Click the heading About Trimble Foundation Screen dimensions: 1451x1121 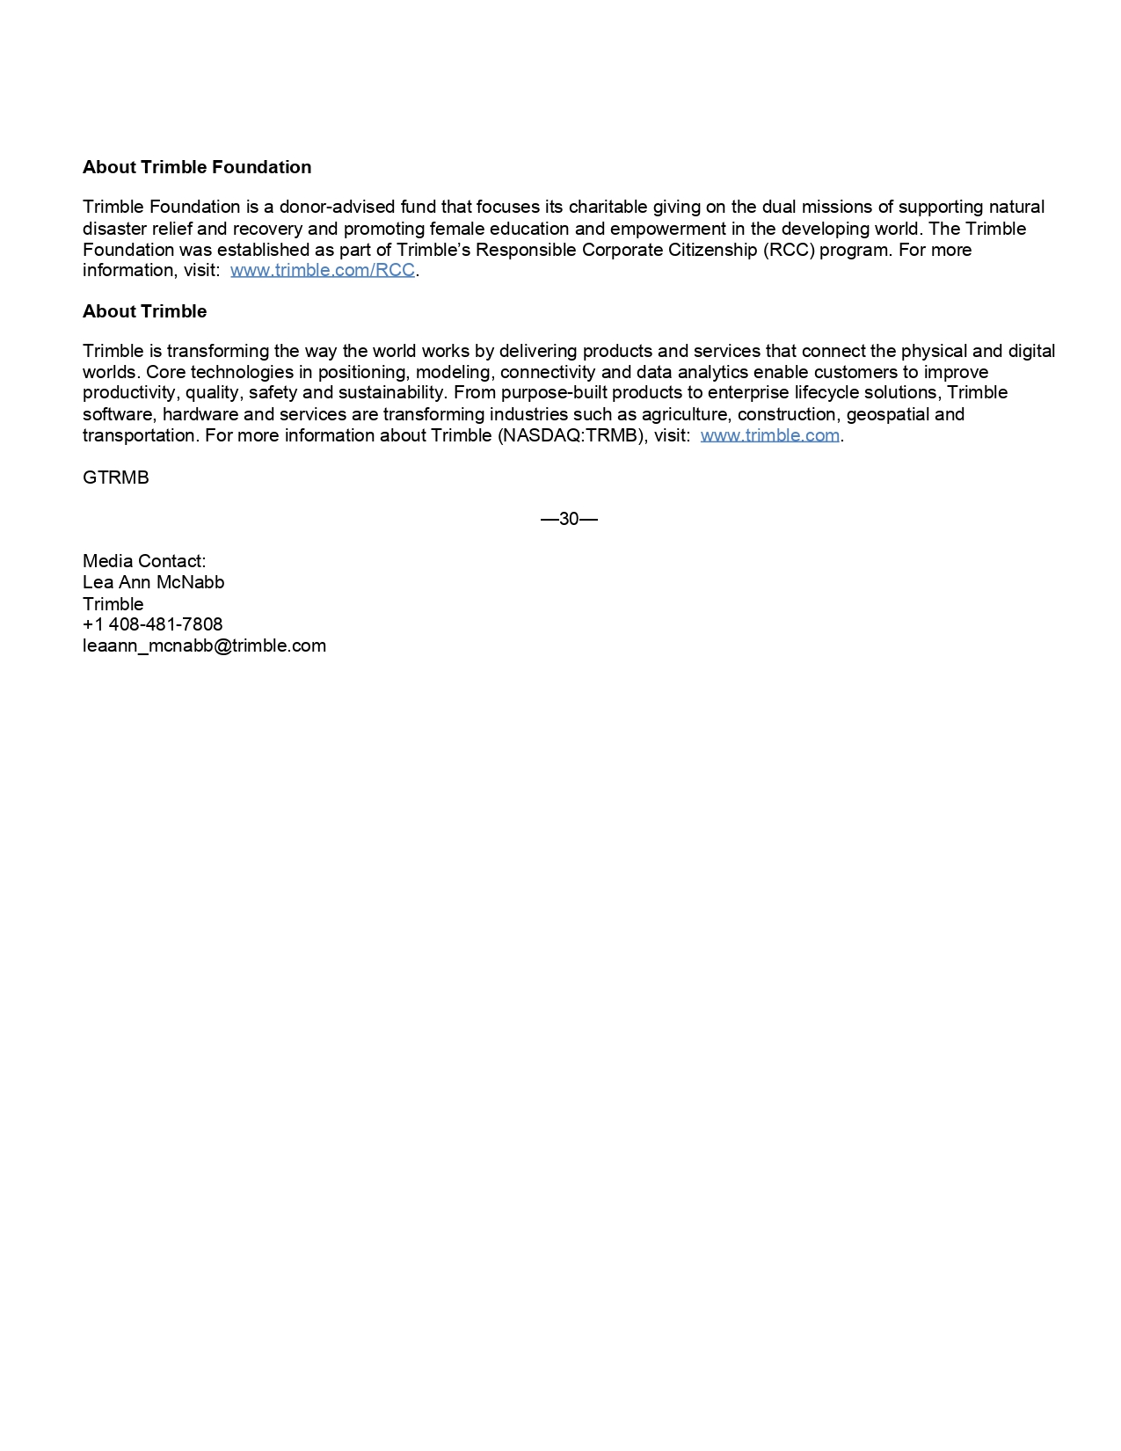197,167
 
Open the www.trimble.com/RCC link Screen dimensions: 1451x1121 323,270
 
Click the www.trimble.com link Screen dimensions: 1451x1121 769,435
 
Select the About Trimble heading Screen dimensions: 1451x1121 144,311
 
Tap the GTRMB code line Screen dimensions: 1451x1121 116,478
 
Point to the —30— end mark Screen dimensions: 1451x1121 569,519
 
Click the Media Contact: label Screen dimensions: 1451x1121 144,561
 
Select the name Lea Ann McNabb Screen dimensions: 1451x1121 153,582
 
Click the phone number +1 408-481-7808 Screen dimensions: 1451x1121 153,624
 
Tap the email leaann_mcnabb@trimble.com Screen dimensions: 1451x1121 204,645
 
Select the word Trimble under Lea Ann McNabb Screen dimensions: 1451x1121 113,604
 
